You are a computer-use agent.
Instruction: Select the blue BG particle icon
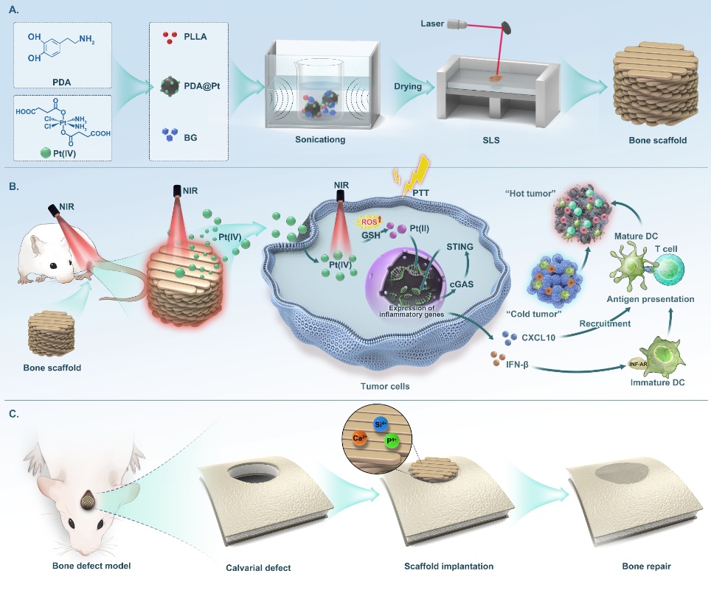click(x=171, y=134)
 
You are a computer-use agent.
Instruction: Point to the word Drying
click(x=407, y=86)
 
